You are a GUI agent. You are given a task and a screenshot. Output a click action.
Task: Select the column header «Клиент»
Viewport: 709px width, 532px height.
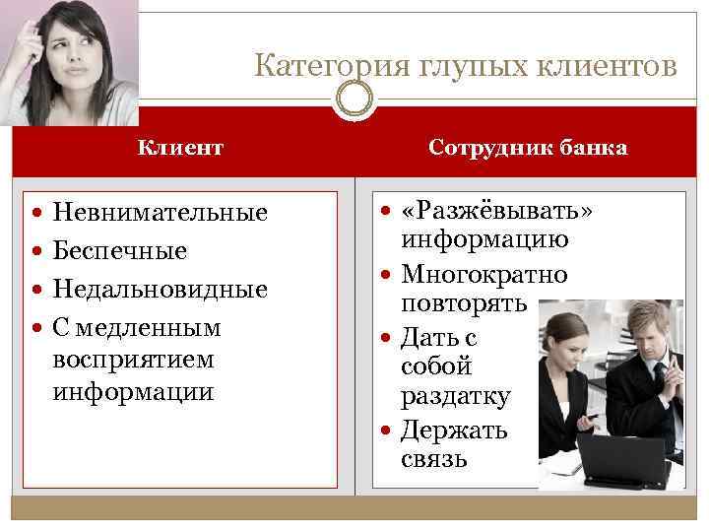click(180, 148)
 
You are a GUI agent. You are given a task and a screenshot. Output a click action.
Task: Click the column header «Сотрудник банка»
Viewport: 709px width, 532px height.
click(528, 148)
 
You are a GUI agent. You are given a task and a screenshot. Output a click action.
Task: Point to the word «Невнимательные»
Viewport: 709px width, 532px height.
click(161, 213)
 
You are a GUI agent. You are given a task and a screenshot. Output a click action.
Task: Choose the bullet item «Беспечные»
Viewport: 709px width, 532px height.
click(120, 251)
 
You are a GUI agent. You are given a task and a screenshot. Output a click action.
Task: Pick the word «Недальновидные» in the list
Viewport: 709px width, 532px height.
click(161, 290)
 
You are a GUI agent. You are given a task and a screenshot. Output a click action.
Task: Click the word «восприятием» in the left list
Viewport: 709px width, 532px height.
click(134, 359)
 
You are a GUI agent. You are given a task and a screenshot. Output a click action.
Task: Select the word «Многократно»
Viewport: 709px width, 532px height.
click(483, 275)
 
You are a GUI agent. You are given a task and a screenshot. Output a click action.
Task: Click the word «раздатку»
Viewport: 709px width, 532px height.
click(455, 396)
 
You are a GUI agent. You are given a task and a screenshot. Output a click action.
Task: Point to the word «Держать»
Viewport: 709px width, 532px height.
click(454, 430)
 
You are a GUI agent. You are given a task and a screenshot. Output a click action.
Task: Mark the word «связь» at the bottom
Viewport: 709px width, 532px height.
click(433, 459)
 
